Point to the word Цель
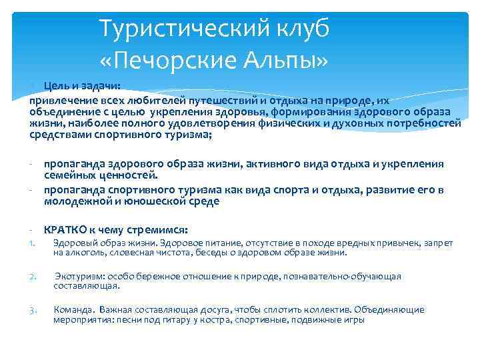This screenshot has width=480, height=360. tap(55, 87)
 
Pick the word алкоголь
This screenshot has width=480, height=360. tap(84, 253)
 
